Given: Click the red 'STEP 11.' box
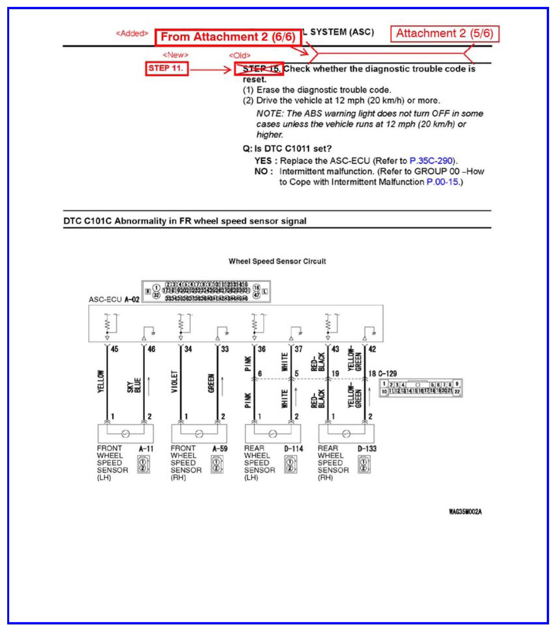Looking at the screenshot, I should click(x=166, y=69).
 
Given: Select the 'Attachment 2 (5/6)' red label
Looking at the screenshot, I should click(x=444, y=33).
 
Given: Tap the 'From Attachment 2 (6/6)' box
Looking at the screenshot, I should click(x=228, y=37).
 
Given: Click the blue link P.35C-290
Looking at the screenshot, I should click(x=431, y=161).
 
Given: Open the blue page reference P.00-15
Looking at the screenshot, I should click(x=442, y=182).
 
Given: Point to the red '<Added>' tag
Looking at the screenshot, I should click(x=132, y=33).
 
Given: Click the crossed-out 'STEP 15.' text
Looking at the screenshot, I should click(x=261, y=69).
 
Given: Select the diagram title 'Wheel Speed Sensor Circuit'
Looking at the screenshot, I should click(x=277, y=261).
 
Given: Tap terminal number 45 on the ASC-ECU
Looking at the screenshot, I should click(x=114, y=349).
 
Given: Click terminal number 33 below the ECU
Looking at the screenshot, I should click(x=225, y=349).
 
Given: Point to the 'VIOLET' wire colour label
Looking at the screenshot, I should click(x=175, y=382).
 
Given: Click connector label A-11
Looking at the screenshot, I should click(x=146, y=449).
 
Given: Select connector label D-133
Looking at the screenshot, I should click(x=367, y=449).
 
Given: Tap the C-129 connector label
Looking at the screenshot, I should click(x=388, y=374).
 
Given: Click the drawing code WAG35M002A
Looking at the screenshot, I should click(x=465, y=512).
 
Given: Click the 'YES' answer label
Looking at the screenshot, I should click(x=263, y=161).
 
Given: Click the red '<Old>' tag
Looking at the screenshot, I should click(x=239, y=55).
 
